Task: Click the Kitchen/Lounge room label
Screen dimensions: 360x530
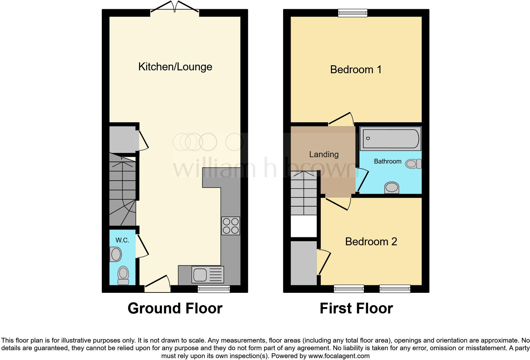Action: pyautogui.click(x=175, y=67)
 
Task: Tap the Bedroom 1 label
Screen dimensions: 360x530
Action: pyautogui.click(x=356, y=69)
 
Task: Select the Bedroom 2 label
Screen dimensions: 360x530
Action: pyautogui.click(x=371, y=241)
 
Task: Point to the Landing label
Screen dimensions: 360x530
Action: pyautogui.click(x=324, y=154)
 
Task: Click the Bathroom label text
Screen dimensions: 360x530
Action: pyautogui.click(x=387, y=161)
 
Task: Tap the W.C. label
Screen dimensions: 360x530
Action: pyautogui.click(x=122, y=240)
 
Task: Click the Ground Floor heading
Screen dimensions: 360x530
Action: pyautogui.click(x=175, y=308)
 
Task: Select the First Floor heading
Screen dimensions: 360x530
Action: pyautogui.click(x=356, y=308)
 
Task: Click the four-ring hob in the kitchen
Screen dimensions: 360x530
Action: pyautogui.click(x=231, y=226)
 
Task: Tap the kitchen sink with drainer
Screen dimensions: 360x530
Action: pyautogui.click(x=208, y=274)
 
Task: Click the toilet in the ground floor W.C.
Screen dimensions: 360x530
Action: pyautogui.click(x=123, y=275)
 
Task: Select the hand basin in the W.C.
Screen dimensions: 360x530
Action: pyautogui.click(x=116, y=254)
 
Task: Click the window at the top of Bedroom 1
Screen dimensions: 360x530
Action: pyautogui.click(x=352, y=13)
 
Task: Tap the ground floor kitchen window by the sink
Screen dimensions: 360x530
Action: pyautogui.click(x=214, y=288)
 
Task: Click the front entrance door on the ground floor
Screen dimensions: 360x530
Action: pyautogui.click(x=157, y=284)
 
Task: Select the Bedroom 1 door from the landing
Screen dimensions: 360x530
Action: pyautogui.click(x=341, y=119)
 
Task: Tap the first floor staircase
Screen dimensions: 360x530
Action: pyautogui.click(x=304, y=193)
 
